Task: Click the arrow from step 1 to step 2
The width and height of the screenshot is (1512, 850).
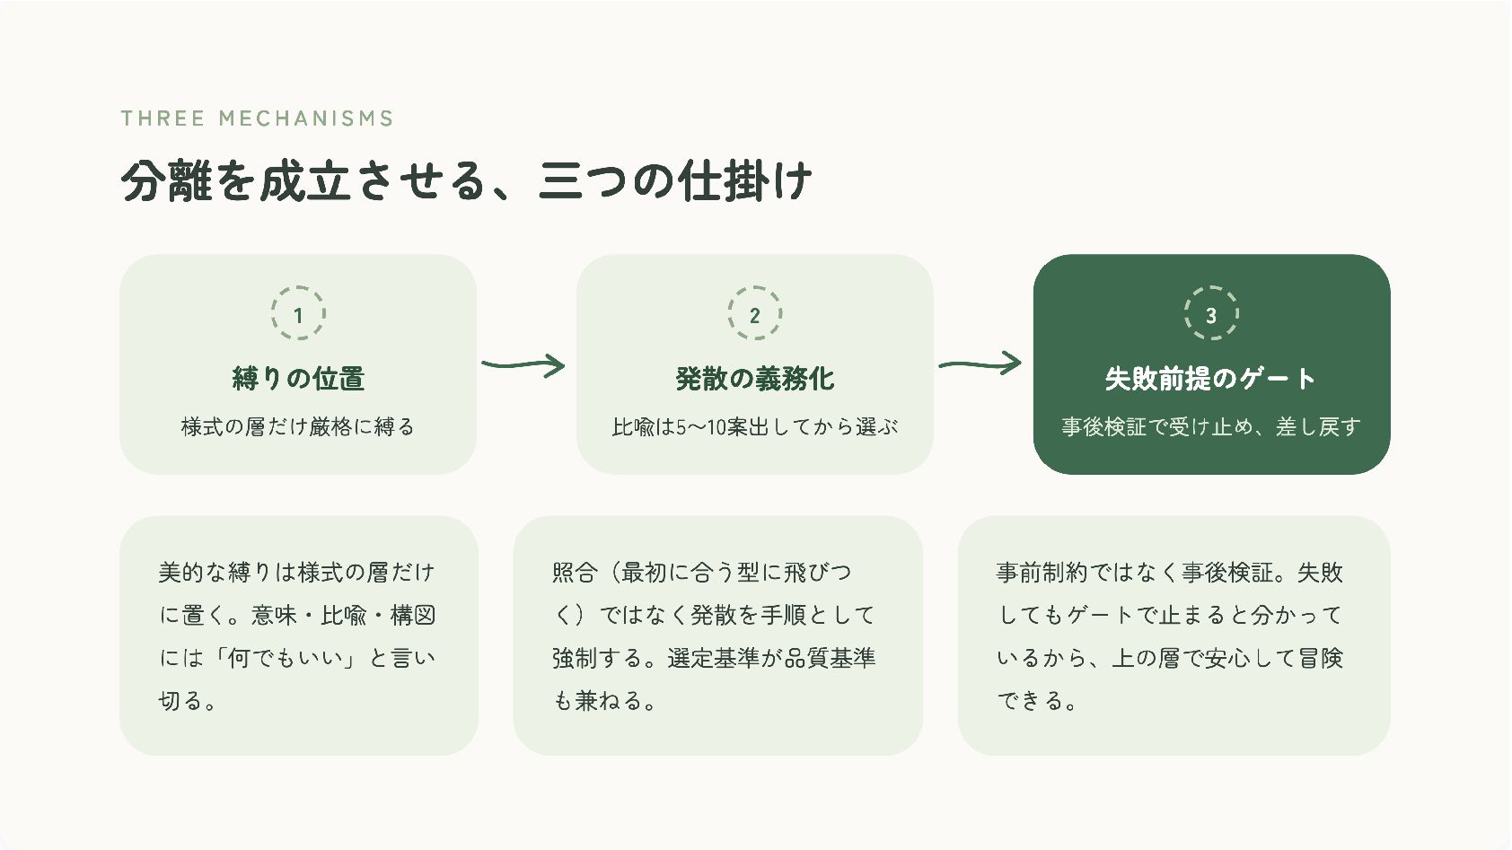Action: point(523,365)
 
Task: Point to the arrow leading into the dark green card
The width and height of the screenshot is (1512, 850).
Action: point(980,364)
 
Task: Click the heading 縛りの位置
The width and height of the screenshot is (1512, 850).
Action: point(298,379)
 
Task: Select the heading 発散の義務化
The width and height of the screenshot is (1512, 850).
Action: point(754,379)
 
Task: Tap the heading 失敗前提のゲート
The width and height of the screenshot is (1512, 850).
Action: point(1211,379)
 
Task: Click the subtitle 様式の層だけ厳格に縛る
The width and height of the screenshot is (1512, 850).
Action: point(298,426)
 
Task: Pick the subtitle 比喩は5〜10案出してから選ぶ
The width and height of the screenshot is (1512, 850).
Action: point(754,426)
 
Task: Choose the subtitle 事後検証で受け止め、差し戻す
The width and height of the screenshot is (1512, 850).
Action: point(1211,426)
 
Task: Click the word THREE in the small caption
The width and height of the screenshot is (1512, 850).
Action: point(163,118)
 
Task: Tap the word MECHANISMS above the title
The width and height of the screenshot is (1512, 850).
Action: point(306,118)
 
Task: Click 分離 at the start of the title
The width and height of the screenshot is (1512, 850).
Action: point(167,180)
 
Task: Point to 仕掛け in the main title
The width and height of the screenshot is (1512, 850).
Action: point(744,180)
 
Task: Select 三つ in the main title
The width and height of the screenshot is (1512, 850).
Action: point(584,180)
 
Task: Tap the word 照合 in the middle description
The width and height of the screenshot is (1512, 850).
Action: point(575,572)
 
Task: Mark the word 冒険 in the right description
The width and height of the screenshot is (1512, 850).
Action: point(1320,658)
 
